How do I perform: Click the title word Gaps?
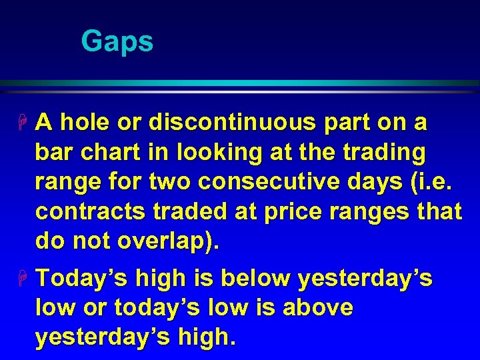[x=117, y=41]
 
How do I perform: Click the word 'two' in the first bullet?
[x=163, y=182]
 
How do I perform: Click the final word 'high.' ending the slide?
[x=203, y=338]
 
